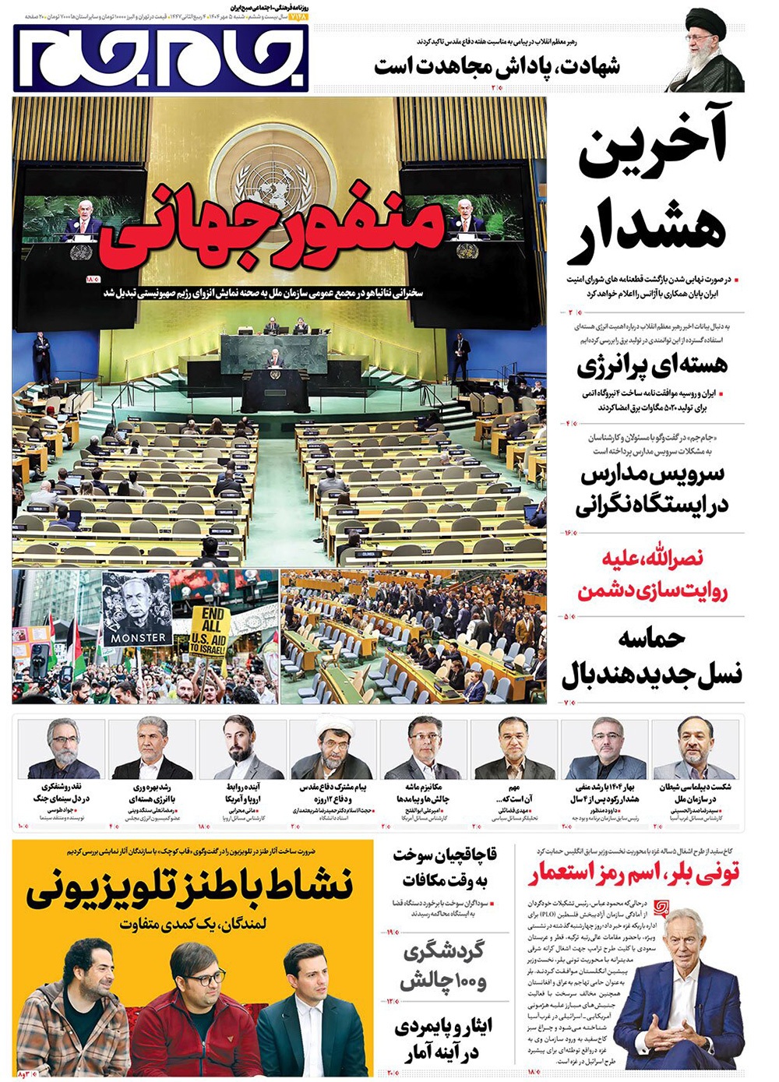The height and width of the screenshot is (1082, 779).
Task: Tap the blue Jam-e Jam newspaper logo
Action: coord(161,58)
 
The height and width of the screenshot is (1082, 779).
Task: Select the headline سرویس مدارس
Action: coord(653,489)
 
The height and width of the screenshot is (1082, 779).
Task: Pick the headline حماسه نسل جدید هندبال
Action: coord(653,658)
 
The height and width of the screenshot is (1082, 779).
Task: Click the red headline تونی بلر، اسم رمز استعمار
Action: coord(634,875)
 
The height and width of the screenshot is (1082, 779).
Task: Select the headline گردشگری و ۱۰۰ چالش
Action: coord(444,966)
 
